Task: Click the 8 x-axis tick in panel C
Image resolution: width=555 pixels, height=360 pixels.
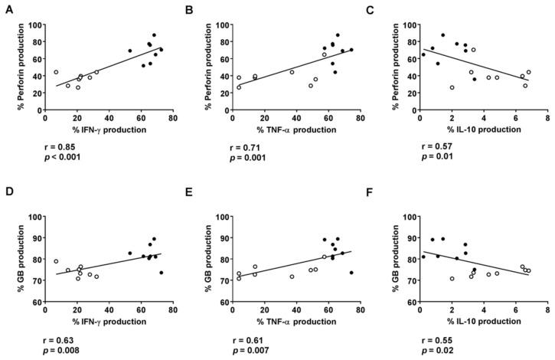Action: [547, 119]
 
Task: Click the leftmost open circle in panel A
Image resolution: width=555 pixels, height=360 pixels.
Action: [56, 73]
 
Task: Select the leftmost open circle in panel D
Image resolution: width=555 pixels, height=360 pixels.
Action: [56, 261]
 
